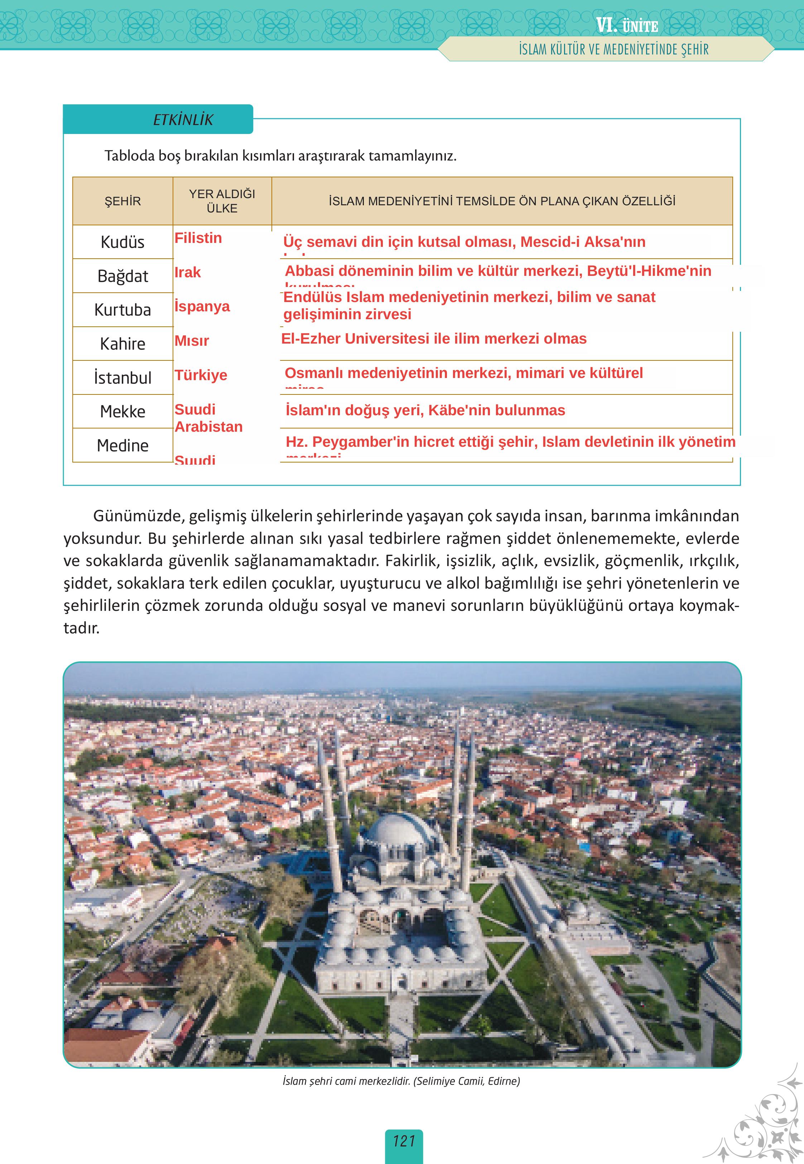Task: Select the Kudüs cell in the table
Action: coord(122,242)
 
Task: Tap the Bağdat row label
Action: coord(122,276)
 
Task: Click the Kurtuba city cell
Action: coord(122,310)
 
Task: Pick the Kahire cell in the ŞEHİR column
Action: coord(122,344)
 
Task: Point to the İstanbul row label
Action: coord(122,377)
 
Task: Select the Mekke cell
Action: coord(122,411)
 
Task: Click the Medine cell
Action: coord(122,445)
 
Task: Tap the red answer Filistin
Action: coord(198,238)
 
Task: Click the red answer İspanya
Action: coord(202,306)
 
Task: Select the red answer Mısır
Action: coord(192,341)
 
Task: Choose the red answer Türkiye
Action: coord(201,375)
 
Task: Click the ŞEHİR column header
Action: coord(122,201)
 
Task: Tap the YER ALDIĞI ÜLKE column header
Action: coord(222,201)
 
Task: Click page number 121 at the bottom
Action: coord(404,1141)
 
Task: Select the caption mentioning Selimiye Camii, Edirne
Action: coord(401,1081)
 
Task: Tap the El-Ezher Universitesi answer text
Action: coord(433,339)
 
